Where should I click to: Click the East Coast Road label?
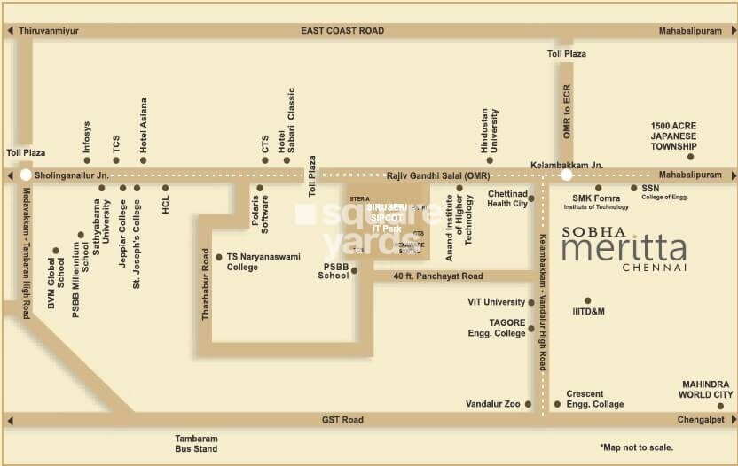(342, 30)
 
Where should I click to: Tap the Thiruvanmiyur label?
(49, 30)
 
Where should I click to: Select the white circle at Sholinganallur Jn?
(26, 175)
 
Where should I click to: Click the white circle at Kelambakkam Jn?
(566, 175)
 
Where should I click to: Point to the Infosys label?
(87, 137)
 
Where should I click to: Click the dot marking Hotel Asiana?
(143, 160)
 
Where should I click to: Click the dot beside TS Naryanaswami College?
(219, 257)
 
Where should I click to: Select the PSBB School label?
(335, 271)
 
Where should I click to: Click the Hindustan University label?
(489, 131)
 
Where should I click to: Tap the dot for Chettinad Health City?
(531, 199)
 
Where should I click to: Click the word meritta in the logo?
(624, 247)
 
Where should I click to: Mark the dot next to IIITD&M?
(587, 300)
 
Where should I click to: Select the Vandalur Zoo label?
(492, 404)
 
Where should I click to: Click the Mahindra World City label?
(706, 389)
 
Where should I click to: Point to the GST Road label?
(342, 419)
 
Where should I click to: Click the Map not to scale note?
(636, 447)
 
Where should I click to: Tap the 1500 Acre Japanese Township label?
(673, 136)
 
